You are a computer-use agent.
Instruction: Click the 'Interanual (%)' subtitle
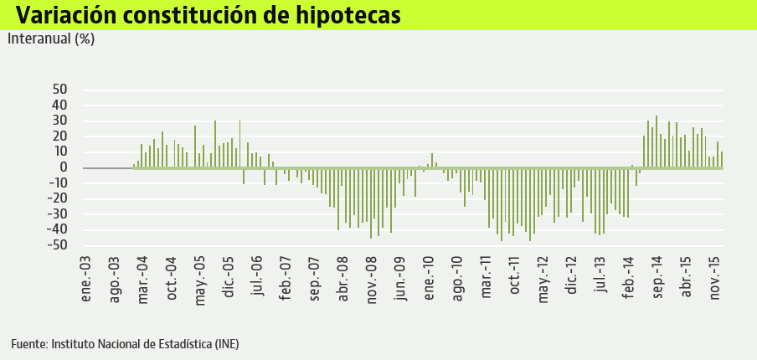(51, 39)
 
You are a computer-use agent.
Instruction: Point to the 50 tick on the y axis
(59, 90)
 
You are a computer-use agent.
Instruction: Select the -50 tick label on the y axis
(57, 245)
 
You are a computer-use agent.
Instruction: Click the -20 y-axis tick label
(57, 198)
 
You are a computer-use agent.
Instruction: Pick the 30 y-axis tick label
(59, 121)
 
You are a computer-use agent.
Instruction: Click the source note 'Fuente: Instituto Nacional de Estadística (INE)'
(125, 344)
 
